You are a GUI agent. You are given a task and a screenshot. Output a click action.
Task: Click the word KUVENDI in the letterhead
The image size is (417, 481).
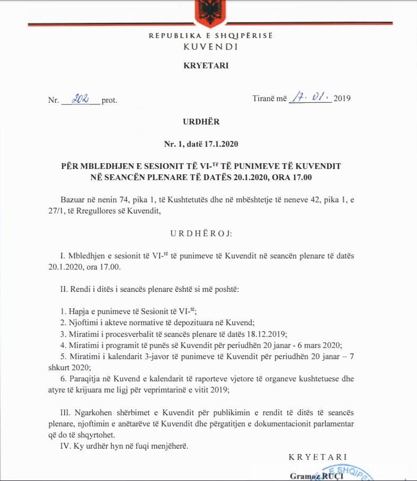(x=210, y=46)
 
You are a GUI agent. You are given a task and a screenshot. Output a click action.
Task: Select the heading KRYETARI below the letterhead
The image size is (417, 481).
(x=209, y=66)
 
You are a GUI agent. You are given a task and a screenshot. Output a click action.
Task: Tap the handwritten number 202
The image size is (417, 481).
(x=82, y=98)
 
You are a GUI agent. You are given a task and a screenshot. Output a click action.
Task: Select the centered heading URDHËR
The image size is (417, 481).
(x=209, y=121)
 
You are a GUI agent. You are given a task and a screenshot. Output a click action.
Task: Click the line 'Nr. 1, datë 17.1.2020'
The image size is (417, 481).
(x=209, y=144)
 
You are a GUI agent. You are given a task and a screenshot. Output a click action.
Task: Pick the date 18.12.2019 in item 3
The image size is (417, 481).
(x=264, y=333)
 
